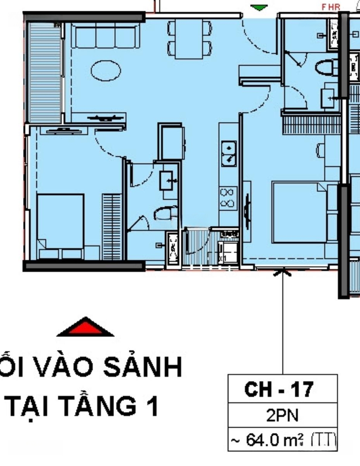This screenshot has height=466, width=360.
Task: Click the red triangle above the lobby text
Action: point(85,328)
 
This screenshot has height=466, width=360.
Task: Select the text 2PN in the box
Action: point(282,416)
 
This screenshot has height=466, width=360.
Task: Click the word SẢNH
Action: point(145,367)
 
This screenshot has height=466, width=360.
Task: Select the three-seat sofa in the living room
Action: point(105,36)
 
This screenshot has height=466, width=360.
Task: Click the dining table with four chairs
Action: point(190,39)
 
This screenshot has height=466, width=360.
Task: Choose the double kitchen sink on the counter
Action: point(228,153)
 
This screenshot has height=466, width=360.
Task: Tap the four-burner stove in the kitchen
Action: point(228,198)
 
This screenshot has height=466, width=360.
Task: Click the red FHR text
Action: point(331,7)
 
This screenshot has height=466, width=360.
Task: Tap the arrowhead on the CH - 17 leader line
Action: point(283,272)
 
